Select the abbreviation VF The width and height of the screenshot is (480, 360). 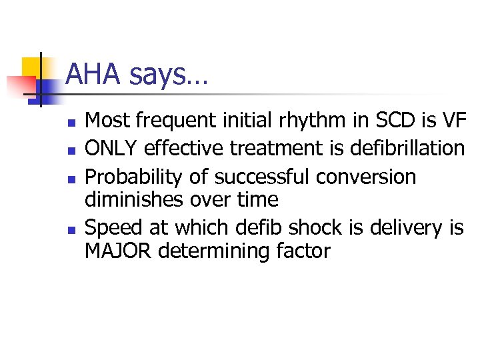pyautogui.click(x=451, y=121)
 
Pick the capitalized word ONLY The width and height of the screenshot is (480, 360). pyautogui.click(x=114, y=149)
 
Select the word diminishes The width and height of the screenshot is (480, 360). pyautogui.click(x=137, y=199)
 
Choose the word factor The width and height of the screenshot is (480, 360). pyautogui.click(x=299, y=251)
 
